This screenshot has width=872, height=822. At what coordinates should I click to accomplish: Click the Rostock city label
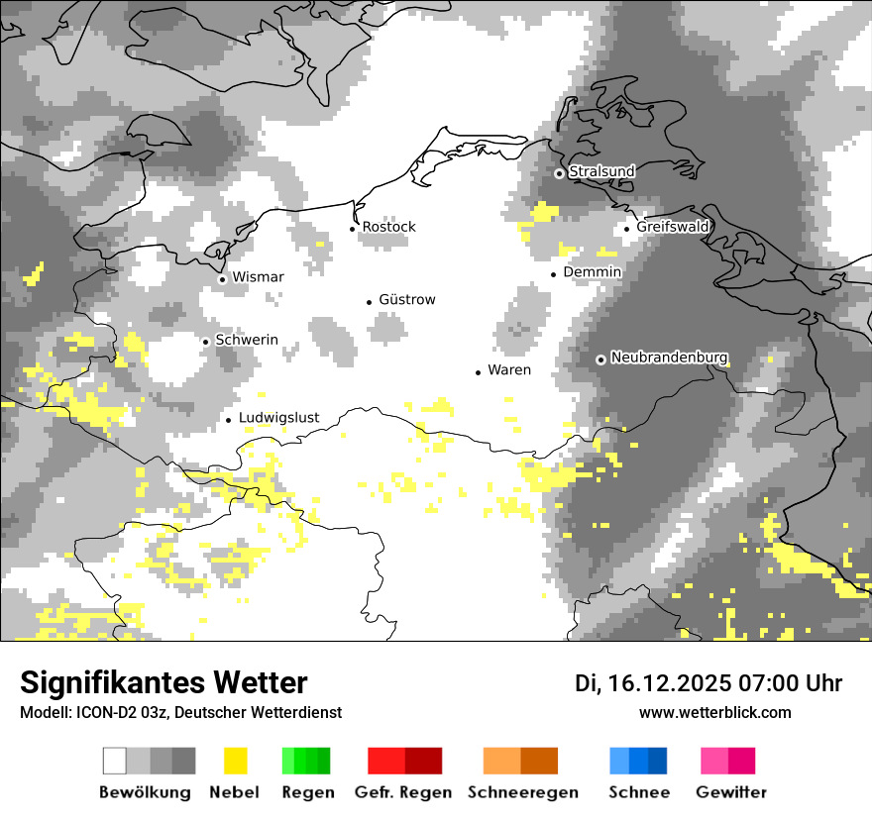(388, 227)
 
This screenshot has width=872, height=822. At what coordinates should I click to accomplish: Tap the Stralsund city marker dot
(559, 173)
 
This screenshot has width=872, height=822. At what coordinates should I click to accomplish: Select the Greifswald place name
(673, 227)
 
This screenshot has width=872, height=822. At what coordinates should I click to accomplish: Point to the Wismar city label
(258, 277)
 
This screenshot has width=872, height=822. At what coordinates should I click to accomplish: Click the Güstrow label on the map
(407, 300)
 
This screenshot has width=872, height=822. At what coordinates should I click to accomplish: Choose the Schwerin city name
(247, 340)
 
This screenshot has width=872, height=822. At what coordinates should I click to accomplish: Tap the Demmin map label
(592, 272)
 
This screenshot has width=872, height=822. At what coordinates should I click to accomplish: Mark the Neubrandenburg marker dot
(600, 360)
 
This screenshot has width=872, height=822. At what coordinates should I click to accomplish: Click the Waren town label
(509, 370)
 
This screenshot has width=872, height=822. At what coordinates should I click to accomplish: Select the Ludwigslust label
(278, 418)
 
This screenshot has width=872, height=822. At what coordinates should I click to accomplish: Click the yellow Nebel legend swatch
(235, 761)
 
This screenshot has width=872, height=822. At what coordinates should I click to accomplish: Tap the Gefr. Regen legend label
(403, 792)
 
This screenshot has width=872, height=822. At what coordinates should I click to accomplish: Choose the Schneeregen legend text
(523, 792)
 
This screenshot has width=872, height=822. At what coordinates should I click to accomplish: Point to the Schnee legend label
(639, 792)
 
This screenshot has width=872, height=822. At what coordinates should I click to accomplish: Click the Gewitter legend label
(731, 792)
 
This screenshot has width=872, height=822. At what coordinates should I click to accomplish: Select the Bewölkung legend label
(145, 792)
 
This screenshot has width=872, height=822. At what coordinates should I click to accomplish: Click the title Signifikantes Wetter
(163, 683)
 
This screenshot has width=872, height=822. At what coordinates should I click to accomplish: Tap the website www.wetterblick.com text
(714, 713)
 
